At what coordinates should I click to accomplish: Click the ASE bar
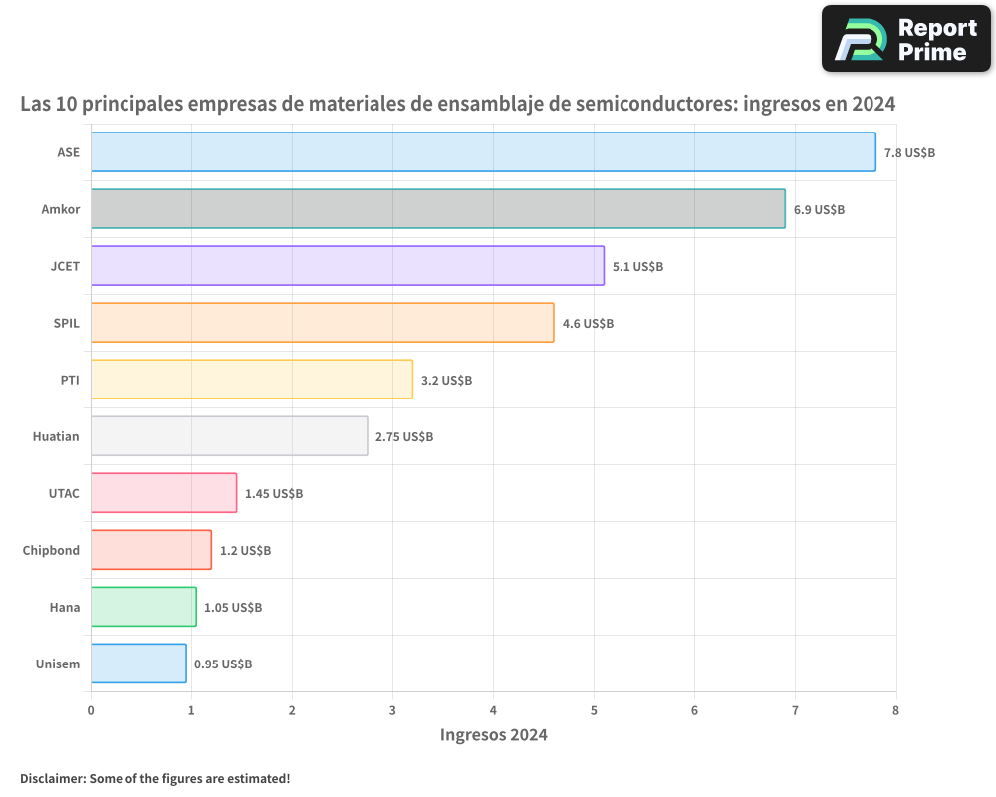[483, 152]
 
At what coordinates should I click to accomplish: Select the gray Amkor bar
[437, 209]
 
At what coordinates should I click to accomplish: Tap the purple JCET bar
[347, 266]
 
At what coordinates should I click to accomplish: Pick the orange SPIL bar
[322, 323]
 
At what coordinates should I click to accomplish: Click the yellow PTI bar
[251, 380]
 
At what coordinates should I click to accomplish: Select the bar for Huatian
[229, 436]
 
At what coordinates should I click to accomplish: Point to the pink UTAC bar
[163, 493]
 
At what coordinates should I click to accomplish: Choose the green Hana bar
[143, 607]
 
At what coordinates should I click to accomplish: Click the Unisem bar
[138, 664]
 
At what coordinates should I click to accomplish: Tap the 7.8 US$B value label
[909, 153]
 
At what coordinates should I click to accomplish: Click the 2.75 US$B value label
[404, 437]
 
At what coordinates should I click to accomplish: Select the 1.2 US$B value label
[245, 551]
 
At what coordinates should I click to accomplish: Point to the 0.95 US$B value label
[223, 664]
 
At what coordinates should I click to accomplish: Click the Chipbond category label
[51, 550]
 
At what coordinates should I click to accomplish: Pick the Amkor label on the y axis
[61, 209]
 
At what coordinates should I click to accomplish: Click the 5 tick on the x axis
[594, 710]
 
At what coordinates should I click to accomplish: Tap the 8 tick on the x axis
[895, 710]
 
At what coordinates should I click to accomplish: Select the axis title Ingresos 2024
[494, 735]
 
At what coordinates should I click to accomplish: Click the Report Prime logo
[906, 39]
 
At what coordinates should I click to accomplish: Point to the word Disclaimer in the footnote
[51, 778]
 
